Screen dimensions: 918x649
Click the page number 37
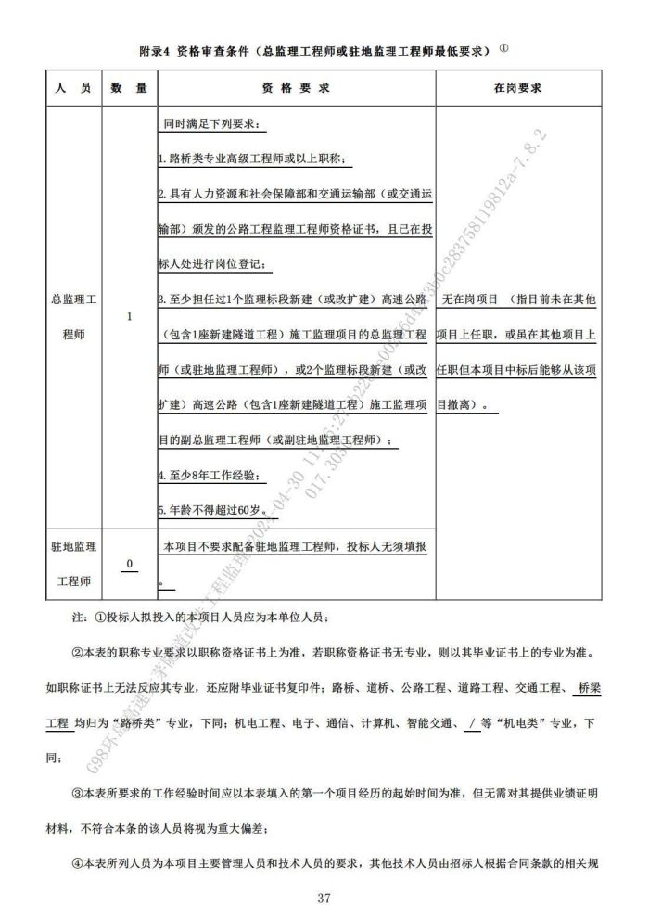point(324,898)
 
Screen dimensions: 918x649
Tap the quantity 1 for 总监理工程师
point(129,317)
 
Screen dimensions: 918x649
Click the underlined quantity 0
point(129,564)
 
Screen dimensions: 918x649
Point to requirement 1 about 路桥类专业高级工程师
point(251,159)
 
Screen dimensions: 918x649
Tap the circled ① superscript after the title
point(503,46)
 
